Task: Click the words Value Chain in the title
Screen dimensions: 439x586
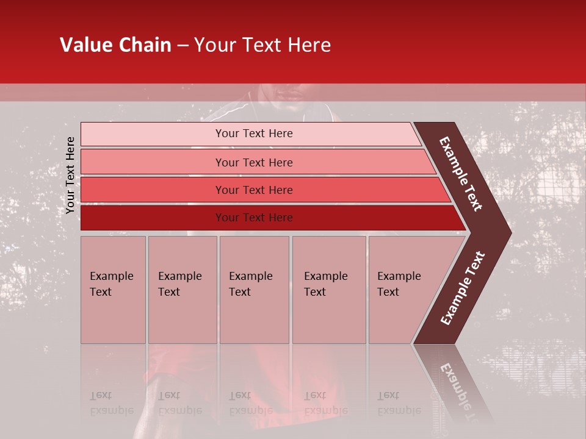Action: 115,45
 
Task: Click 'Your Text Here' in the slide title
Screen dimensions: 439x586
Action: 262,45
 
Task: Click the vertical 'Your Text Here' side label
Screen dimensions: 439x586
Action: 70,175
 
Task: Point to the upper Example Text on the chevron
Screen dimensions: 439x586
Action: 461,174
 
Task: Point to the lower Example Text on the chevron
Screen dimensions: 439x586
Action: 462,288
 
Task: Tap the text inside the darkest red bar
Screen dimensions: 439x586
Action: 254,218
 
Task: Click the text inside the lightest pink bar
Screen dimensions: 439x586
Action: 254,134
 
